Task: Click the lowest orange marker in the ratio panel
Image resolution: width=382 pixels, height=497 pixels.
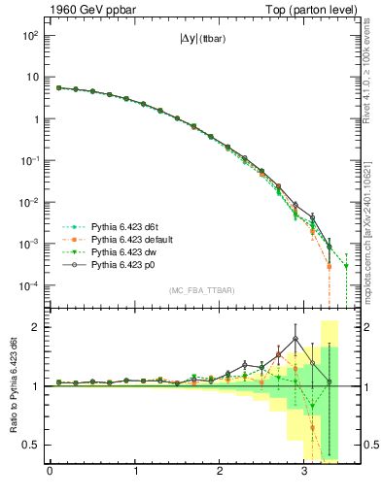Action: pos(313,427)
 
